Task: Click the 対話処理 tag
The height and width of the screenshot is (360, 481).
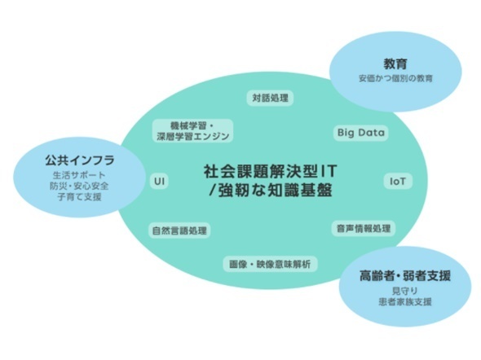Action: [270, 98]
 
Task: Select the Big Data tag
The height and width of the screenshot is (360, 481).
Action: [360, 133]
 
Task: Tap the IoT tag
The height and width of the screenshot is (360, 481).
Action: [398, 182]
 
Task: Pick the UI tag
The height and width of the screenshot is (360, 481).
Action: [160, 181]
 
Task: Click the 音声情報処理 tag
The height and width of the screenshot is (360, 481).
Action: [364, 228]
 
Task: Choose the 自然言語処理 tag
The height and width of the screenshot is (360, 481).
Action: [179, 230]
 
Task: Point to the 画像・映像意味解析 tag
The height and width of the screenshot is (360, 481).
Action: [270, 264]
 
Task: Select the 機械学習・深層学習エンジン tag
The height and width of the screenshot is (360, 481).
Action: [193, 131]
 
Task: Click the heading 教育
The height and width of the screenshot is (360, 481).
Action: [395, 64]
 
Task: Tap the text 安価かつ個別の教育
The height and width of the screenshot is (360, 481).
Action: [395, 78]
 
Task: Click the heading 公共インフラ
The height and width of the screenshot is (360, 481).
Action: [80, 160]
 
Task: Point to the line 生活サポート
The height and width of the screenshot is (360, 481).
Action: [79, 175]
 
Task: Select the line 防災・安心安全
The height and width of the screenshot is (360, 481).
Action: [79, 186]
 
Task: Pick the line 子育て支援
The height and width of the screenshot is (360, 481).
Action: [79, 197]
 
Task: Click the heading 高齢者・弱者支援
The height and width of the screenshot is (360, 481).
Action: [405, 276]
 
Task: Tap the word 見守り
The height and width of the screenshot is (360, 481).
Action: [405, 291]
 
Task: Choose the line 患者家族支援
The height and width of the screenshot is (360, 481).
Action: [405, 302]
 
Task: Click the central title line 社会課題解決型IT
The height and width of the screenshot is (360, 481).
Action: [270, 172]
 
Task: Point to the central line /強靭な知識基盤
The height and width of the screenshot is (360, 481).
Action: [270, 190]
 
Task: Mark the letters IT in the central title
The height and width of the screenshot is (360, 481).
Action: [329, 172]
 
